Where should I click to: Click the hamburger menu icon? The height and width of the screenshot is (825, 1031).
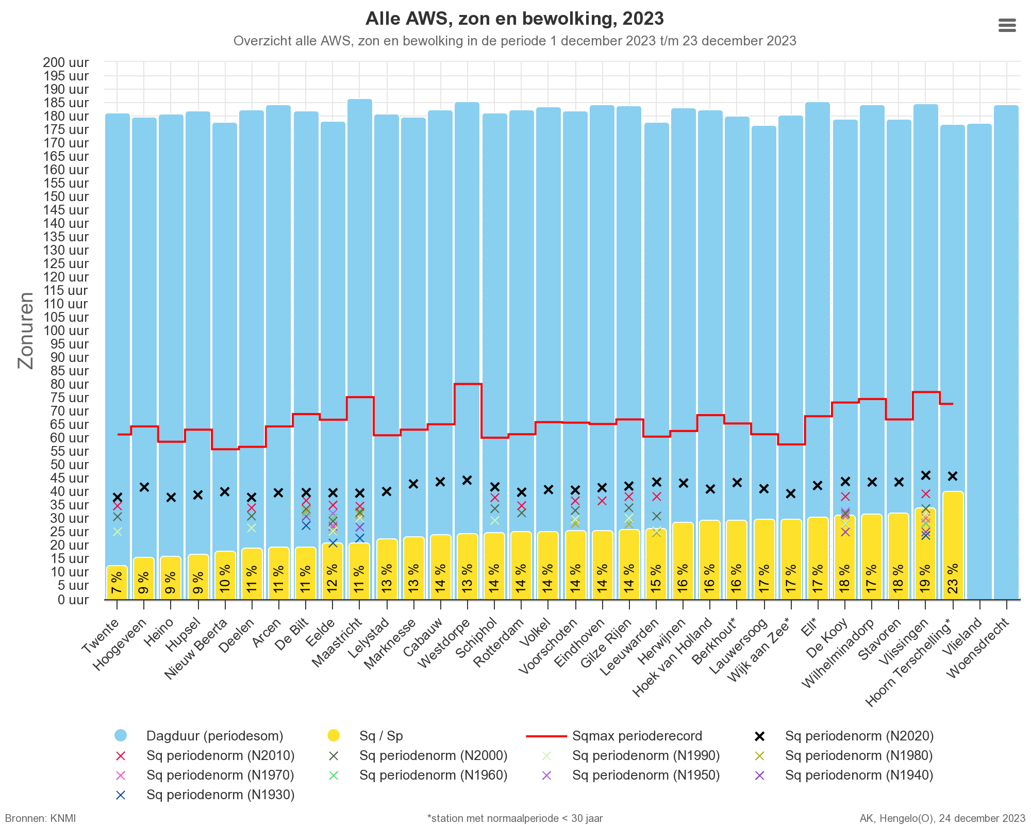(1007, 25)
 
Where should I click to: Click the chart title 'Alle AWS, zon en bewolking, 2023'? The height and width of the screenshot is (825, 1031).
(514, 19)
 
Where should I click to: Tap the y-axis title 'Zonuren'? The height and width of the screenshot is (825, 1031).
(26, 331)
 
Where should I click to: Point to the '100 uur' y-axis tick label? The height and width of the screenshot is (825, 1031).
(66, 331)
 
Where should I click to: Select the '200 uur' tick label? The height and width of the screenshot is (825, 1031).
(66, 62)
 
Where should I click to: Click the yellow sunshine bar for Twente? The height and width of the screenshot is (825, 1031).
(117, 583)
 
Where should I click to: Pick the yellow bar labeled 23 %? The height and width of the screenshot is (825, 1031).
(953, 546)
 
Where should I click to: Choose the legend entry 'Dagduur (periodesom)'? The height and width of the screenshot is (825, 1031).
(199, 736)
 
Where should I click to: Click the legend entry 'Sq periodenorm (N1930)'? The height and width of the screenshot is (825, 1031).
(204, 795)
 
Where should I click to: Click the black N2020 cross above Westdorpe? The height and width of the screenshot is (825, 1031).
(467, 481)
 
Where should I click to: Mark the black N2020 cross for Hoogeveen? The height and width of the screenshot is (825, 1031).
(144, 487)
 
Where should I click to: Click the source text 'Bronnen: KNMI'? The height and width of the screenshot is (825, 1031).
(41, 818)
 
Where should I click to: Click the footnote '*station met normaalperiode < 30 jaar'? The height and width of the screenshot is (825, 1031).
(515, 818)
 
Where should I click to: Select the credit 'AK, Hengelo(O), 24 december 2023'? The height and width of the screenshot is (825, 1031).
(942, 818)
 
